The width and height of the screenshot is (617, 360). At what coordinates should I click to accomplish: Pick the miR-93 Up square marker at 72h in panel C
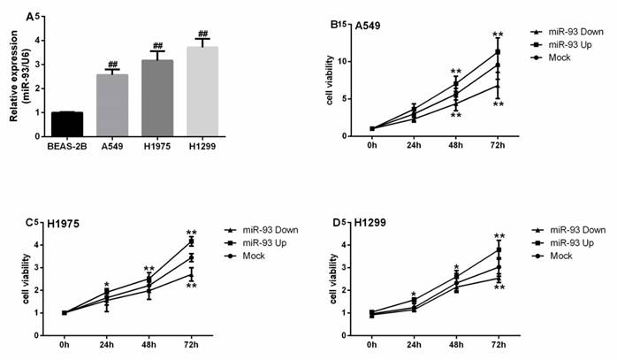point(191,241)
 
